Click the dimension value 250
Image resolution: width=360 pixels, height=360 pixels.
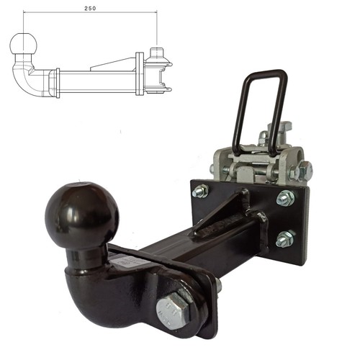point(90,9)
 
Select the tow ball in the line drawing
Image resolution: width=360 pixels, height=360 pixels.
point(24,44)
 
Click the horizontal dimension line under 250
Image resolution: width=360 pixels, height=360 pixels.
point(90,12)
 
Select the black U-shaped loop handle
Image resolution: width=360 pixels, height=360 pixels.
point(261,108)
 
